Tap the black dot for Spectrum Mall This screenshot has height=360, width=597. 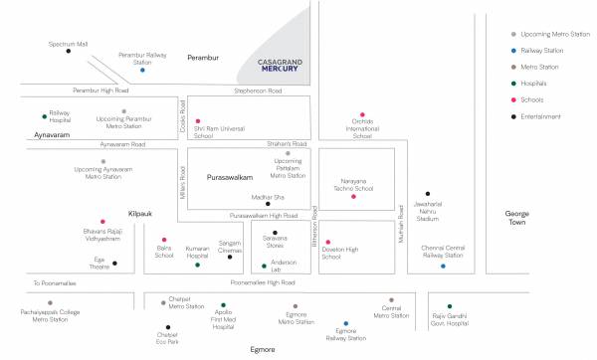[x=68, y=51]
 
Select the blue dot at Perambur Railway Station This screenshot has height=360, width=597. [x=142, y=71]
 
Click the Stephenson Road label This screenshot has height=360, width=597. [x=258, y=90]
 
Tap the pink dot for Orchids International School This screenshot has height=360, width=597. [x=362, y=114]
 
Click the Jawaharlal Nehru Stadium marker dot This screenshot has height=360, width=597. [x=428, y=194]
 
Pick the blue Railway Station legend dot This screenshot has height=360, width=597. [x=512, y=49]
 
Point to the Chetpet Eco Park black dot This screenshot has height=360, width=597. [x=168, y=324]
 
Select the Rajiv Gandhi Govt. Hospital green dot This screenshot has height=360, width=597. [x=450, y=306]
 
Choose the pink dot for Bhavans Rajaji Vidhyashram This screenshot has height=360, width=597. [x=102, y=221]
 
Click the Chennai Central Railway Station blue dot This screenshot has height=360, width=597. [x=444, y=266]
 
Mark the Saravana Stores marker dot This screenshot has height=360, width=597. [x=276, y=231]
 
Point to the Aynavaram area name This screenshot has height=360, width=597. [x=49, y=132]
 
